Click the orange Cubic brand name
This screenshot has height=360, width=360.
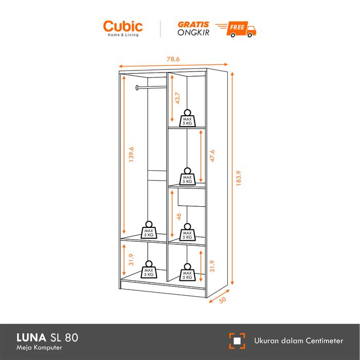pyautogui.click(x=123, y=26)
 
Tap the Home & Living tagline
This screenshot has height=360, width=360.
pyautogui.click(x=123, y=35)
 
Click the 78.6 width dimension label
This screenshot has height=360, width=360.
pyautogui.click(x=173, y=59)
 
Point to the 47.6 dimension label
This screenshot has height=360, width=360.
pyautogui.click(x=211, y=155)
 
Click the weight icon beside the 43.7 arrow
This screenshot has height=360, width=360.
pyautogui.click(x=186, y=118)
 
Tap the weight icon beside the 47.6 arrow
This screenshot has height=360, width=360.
pyautogui.click(x=186, y=176)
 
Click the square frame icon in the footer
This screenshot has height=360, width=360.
pyautogui.click(x=237, y=340)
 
